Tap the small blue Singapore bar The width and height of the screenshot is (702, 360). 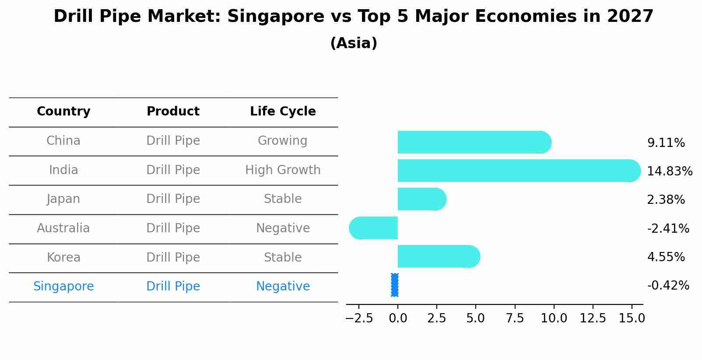[395, 285]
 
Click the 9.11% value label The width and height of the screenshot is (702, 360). [666, 143]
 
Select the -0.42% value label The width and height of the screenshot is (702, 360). [668, 286]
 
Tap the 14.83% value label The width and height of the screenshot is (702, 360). [669, 171]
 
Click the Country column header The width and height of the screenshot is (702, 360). [63, 112]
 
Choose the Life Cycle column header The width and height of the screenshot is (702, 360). [283, 112]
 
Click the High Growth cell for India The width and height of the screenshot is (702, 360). [283, 170]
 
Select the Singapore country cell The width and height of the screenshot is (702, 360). [63, 287]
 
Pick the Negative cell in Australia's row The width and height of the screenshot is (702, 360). [283, 228]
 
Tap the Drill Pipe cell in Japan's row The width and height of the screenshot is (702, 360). [173, 199]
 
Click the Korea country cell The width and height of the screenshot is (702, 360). [63, 258]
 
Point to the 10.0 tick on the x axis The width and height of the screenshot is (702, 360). [554, 318]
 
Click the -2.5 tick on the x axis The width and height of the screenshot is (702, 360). [359, 318]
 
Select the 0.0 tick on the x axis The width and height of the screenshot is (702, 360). [398, 318]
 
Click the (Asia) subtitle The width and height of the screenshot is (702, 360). [353, 43]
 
